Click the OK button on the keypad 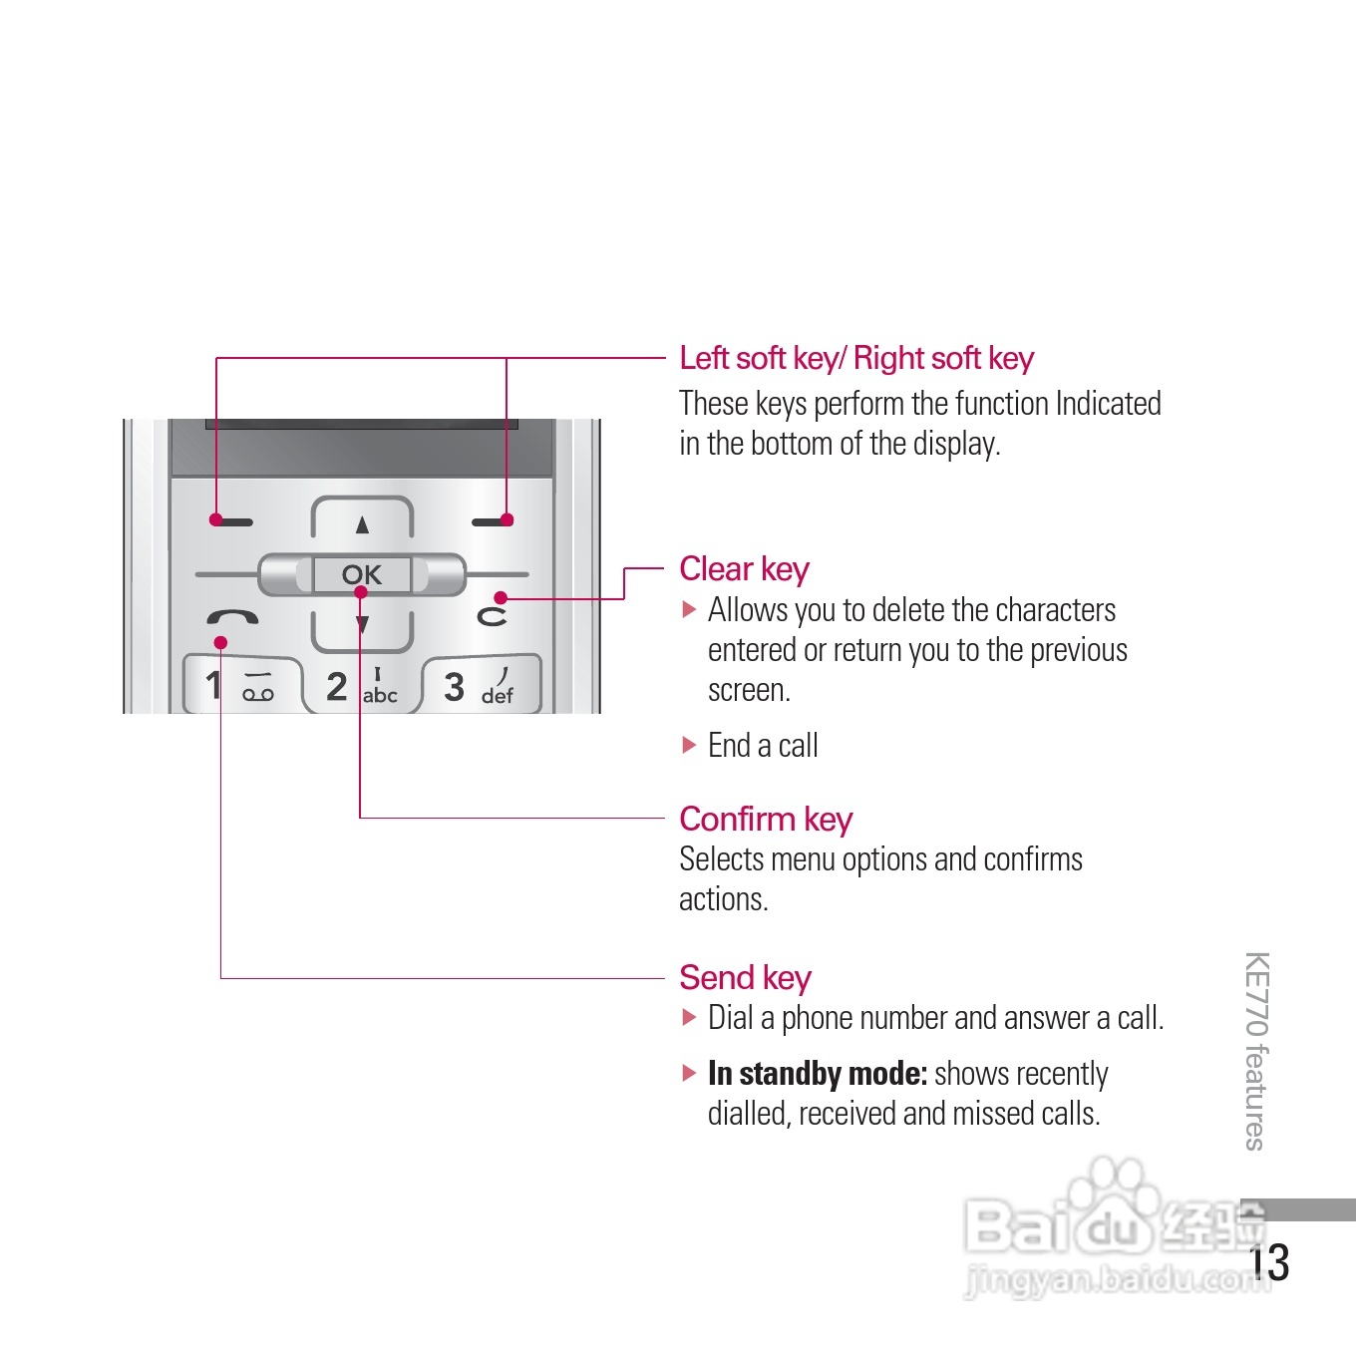[x=361, y=574]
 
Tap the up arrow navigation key [x=362, y=524]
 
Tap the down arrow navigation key [x=362, y=625]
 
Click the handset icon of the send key [x=232, y=617]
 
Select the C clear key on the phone [x=492, y=616]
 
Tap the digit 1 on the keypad [x=212, y=685]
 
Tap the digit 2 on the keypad [x=337, y=686]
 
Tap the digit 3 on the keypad [x=454, y=686]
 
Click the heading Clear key [x=744, y=569]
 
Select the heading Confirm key [x=766, y=819]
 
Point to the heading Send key [x=745, y=977]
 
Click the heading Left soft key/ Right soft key [x=856, y=358]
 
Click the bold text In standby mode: [x=818, y=1074]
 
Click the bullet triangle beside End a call [x=689, y=745]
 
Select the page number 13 [x=1270, y=1262]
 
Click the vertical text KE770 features [x=1255, y=1051]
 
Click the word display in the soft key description [x=954, y=444]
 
